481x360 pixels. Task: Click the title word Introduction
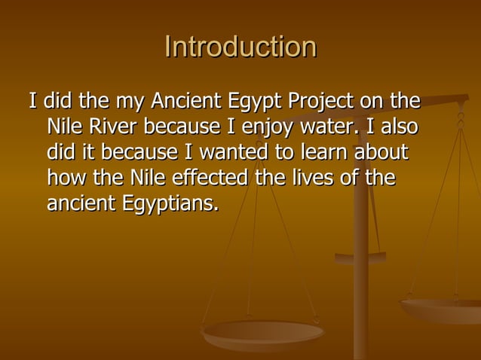240,47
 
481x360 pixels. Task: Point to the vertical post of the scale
362,301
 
